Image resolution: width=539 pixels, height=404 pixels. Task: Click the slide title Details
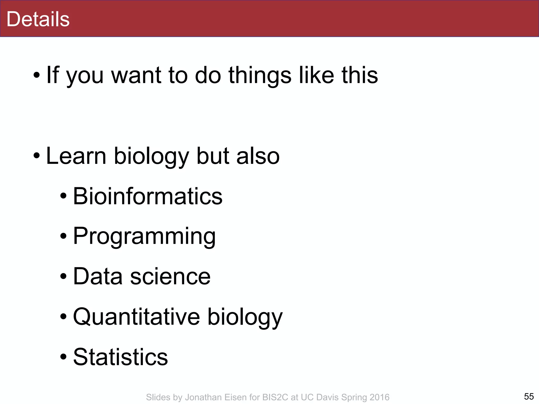click(38, 19)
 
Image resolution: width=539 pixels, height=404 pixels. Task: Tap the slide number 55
click(529, 396)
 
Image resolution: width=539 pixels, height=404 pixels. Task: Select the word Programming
click(144, 236)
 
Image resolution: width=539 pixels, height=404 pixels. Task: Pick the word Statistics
click(120, 357)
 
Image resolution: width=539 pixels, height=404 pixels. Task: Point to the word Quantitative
click(136, 317)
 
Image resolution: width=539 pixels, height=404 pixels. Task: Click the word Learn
click(76, 156)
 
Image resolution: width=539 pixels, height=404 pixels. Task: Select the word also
click(258, 156)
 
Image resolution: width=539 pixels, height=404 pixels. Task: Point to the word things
click(260, 75)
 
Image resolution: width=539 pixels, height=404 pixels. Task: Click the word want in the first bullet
click(136, 75)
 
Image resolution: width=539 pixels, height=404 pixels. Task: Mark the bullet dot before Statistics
click(63, 357)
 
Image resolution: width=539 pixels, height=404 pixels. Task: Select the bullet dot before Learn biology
click(37, 156)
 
